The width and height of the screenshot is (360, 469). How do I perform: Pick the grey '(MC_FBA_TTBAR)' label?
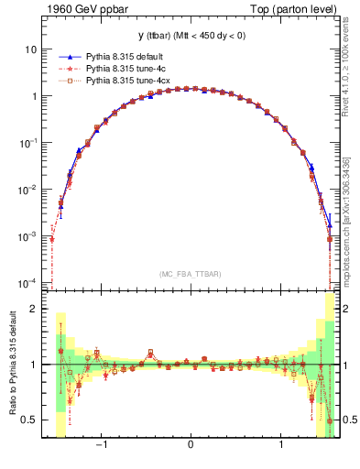190,273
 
